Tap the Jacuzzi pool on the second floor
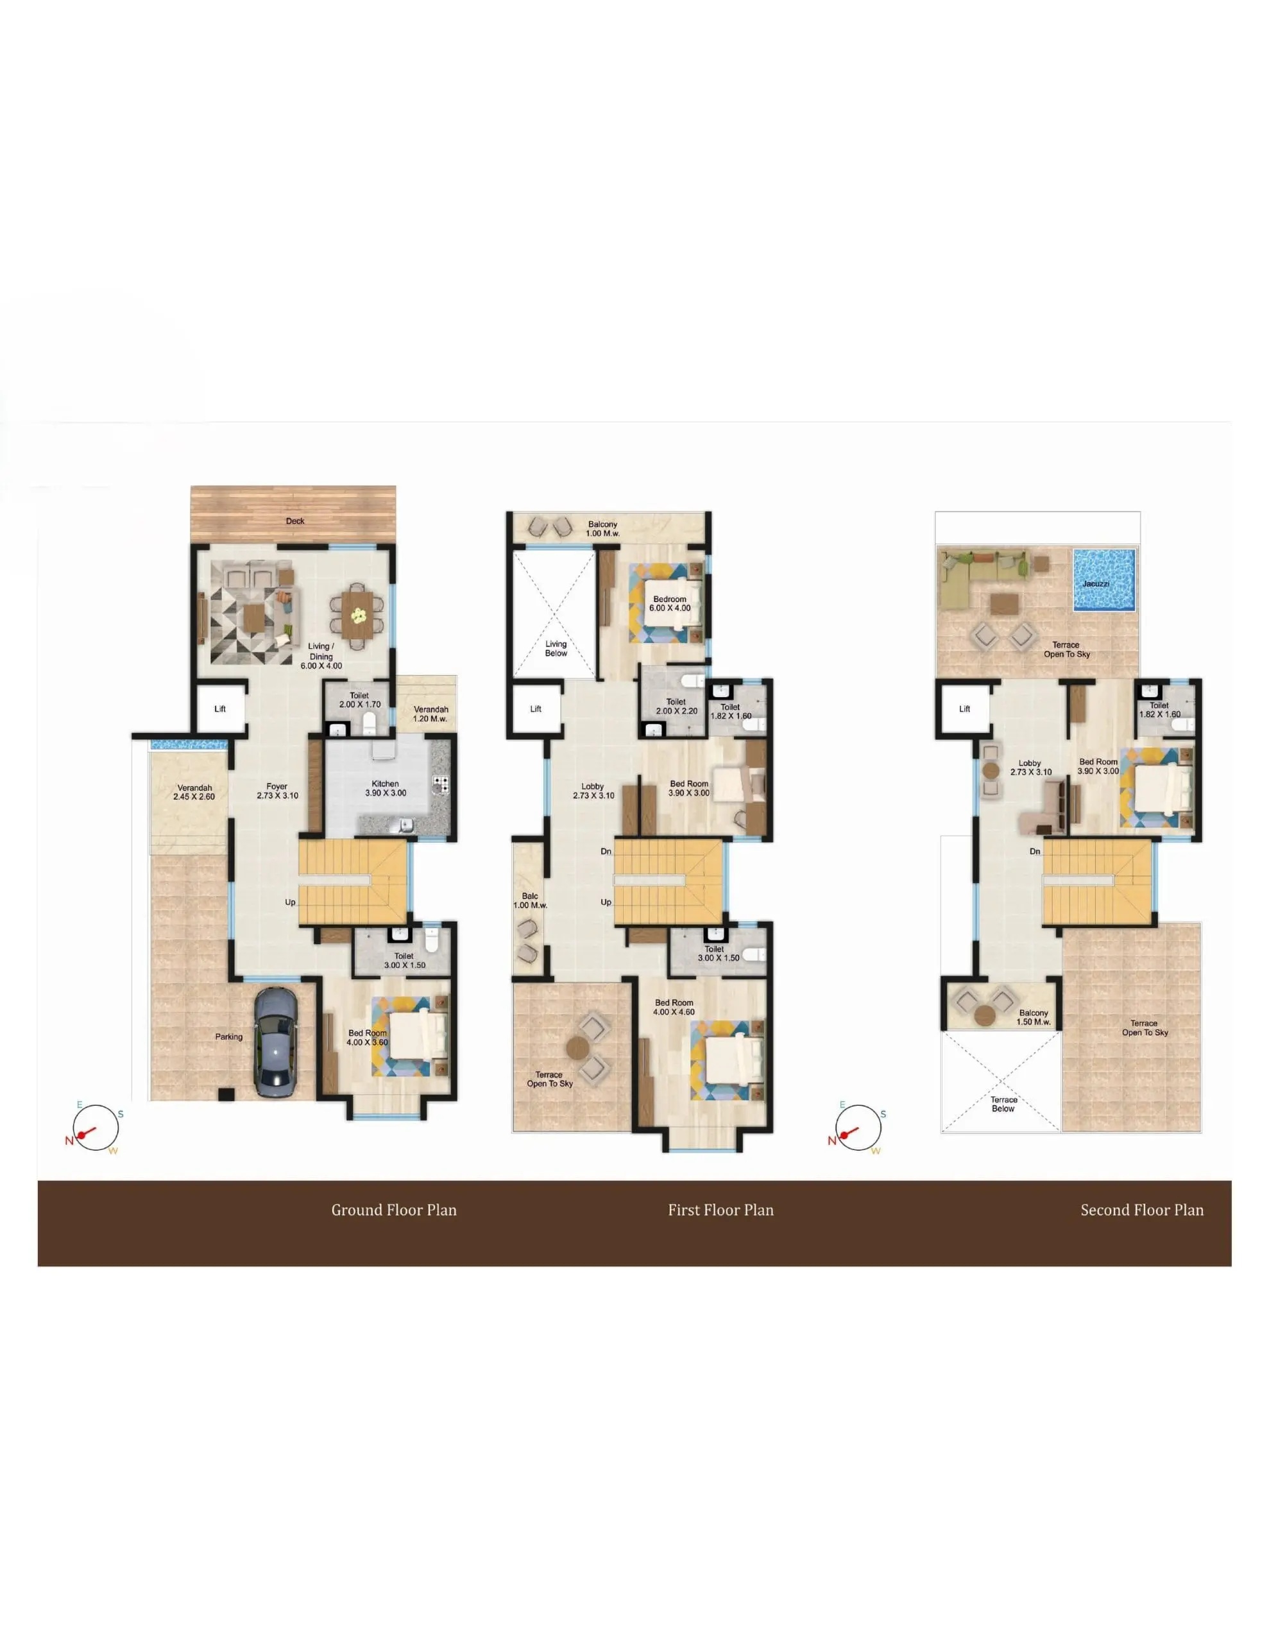click(1103, 580)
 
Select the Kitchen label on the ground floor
click(385, 783)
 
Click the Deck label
click(295, 520)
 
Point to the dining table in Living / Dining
click(357, 614)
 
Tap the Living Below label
click(556, 648)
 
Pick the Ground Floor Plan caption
click(394, 1210)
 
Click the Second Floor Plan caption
click(1142, 1210)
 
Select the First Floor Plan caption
click(720, 1210)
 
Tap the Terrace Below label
click(1003, 1104)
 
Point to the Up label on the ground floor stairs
click(291, 902)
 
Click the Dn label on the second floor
click(1035, 852)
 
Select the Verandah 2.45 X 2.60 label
click(195, 792)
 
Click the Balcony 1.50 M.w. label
click(1034, 1017)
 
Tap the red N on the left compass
click(69, 1141)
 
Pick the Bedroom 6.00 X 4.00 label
click(670, 604)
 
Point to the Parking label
click(228, 1037)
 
